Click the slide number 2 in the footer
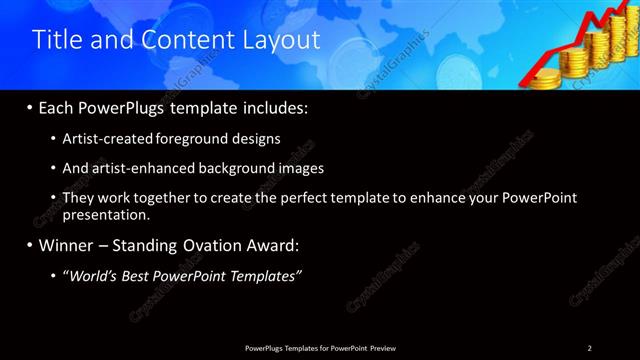pos(590,347)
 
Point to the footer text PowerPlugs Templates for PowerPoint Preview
pos(320,347)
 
